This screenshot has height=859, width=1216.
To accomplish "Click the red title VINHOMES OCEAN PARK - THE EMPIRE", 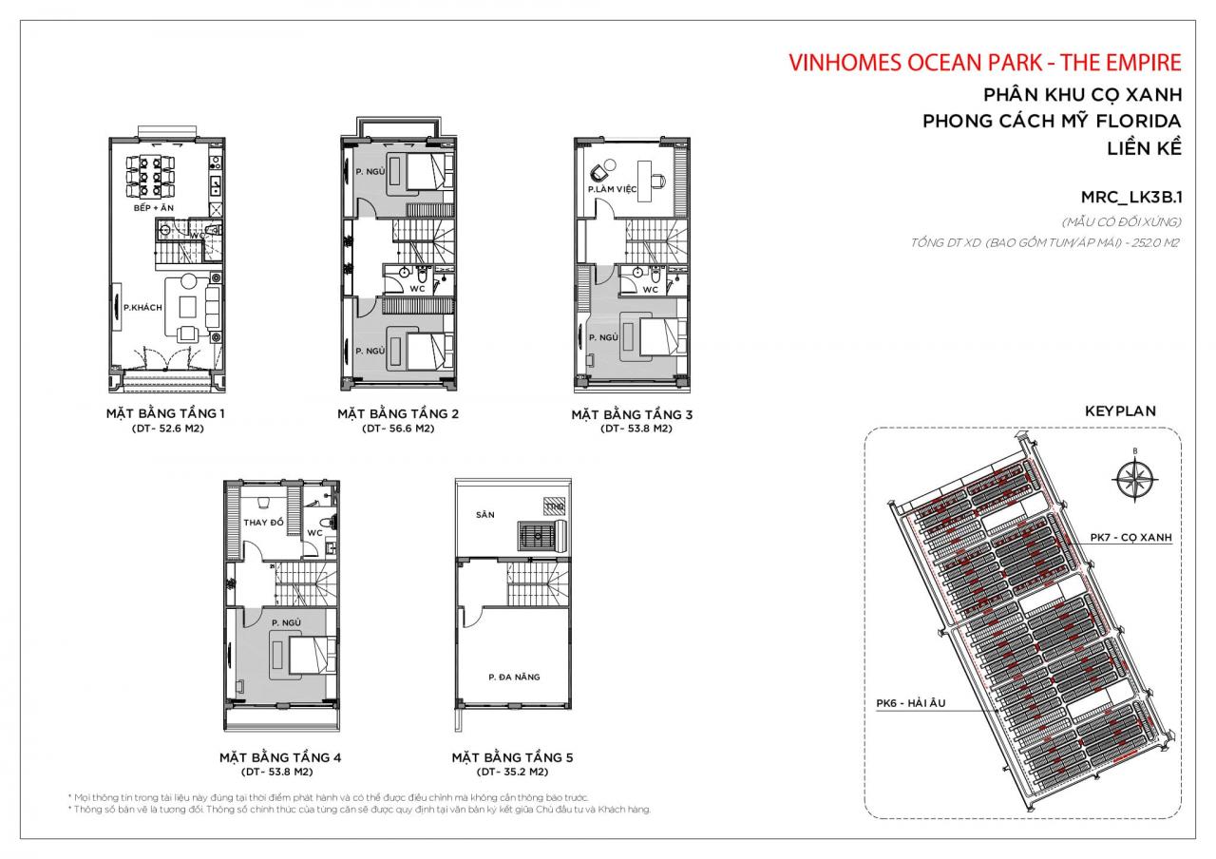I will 985,63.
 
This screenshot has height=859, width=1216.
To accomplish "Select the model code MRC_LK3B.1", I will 1130,198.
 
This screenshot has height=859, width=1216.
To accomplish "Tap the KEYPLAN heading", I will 1120,411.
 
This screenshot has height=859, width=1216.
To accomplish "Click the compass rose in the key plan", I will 1134,473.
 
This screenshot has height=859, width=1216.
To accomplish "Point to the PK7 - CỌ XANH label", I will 1130,538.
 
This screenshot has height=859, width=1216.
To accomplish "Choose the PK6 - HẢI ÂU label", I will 911,704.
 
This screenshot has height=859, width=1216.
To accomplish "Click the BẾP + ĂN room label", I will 153,207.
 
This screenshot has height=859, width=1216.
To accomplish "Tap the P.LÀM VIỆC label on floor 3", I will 612,190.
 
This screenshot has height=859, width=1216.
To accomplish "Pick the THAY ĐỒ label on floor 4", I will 263,524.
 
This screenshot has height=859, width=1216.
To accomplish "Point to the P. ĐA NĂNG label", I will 514,677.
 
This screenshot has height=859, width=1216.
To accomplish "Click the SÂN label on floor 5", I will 485,514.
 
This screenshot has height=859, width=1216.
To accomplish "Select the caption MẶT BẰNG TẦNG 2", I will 398,414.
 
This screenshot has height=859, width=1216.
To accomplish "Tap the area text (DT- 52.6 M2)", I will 167,429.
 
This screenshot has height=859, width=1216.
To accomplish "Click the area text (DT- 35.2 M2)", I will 512,773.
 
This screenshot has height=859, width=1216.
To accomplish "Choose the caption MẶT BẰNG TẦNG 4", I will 280,757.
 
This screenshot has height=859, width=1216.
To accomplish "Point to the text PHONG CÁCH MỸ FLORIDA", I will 1052,122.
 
